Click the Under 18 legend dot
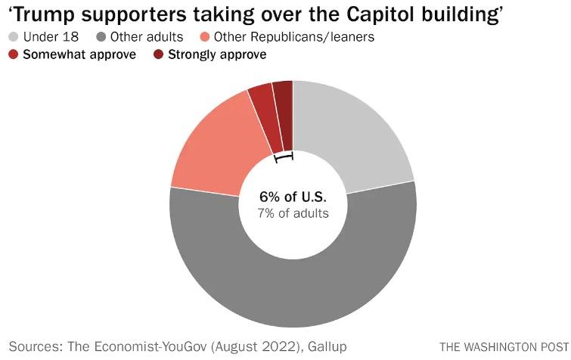pyautogui.click(x=14, y=36)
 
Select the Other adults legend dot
pyautogui.click(x=102, y=36)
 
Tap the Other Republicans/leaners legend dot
pyautogui.click(x=206, y=36)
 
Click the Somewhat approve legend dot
pyautogui.click(x=14, y=54)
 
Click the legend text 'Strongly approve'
pyautogui.click(x=217, y=54)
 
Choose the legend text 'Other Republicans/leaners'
pyautogui.click(x=293, y=36)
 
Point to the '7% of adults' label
pyautogui.click(x=293, y=214)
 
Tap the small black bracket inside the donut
pyautogui.click(x=284, y=157)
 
